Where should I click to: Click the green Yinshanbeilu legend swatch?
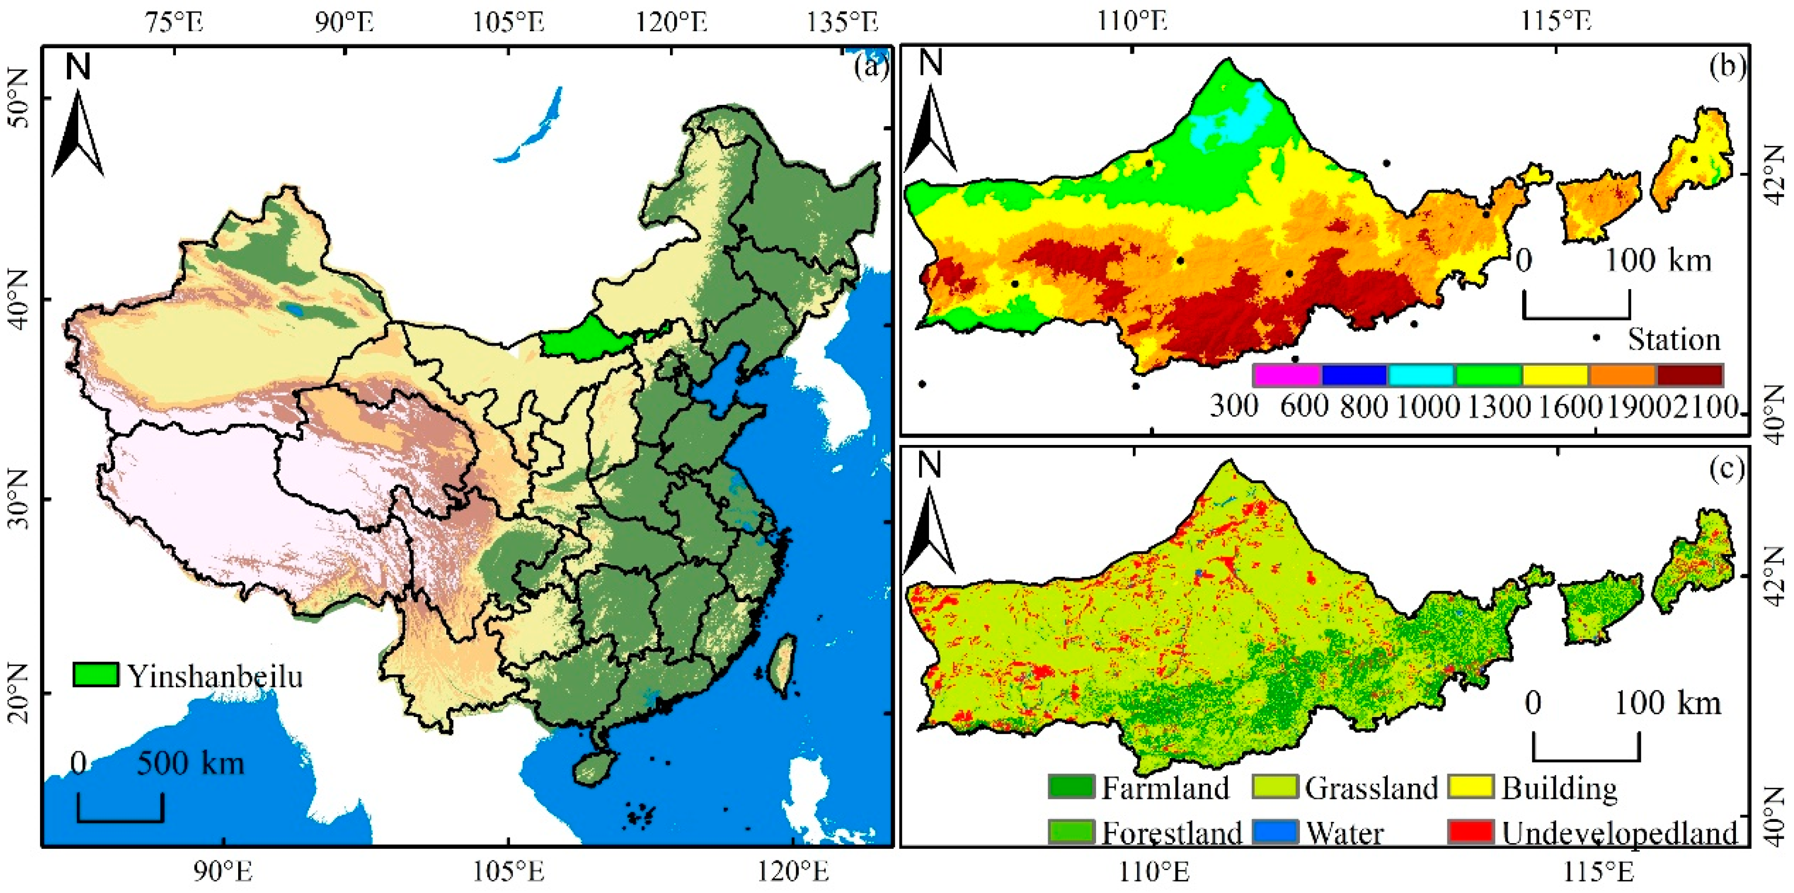[95, 675]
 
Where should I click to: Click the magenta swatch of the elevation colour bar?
[1287, 375]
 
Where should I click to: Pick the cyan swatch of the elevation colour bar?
[1421, 375]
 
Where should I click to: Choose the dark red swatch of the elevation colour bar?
[1690, 375]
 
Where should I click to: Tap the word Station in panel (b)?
[1674, 339]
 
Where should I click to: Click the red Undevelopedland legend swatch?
[1471, 831]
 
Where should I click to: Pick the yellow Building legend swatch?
[1471, 787]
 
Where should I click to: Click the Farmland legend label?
[1165, 788]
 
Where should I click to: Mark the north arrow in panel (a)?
[78, 132]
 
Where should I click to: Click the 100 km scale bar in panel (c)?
[1586, 748]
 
